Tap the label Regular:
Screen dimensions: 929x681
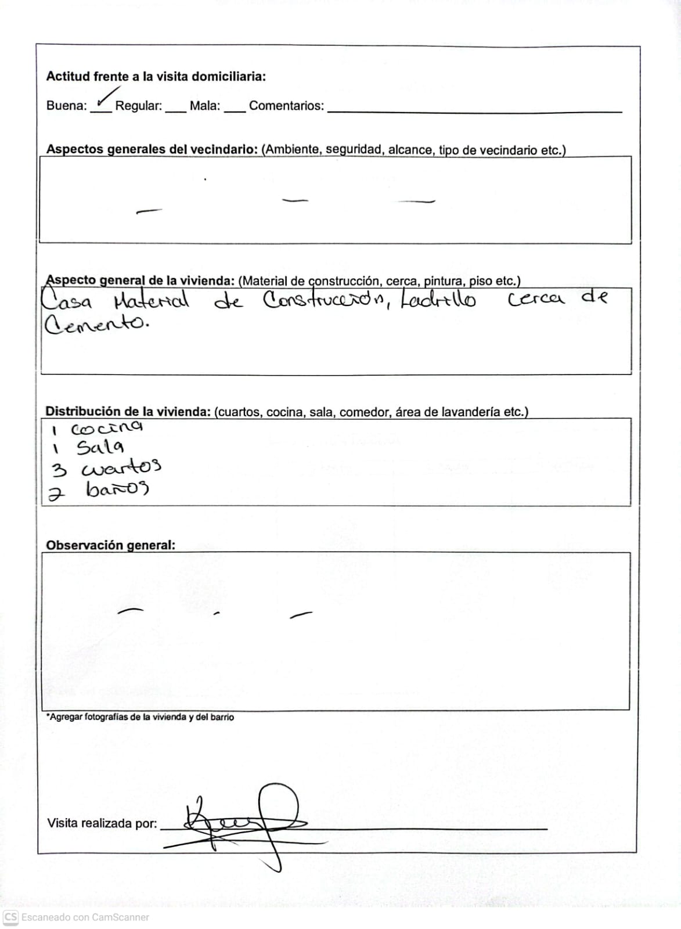(138, 106)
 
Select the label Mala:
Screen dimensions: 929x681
(205, 106)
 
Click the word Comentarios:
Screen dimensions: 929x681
(286, 106)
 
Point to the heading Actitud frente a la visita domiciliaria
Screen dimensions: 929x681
(156, 77)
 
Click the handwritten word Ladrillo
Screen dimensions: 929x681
(438, 300)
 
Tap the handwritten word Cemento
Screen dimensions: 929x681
(96, 324)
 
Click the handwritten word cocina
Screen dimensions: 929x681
(106, 429)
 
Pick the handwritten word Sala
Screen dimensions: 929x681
(100, 448)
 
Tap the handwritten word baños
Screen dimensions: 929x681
(117, 489)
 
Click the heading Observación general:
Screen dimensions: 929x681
(110, 545)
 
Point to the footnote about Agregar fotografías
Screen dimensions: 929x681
(140, 717)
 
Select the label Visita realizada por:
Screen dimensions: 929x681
(102, 823)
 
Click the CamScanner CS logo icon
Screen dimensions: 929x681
(10, 917)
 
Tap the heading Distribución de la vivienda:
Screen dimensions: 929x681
(128, 412)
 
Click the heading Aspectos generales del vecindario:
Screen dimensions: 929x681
(152, 149)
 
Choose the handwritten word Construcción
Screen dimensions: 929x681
(322, 301)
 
